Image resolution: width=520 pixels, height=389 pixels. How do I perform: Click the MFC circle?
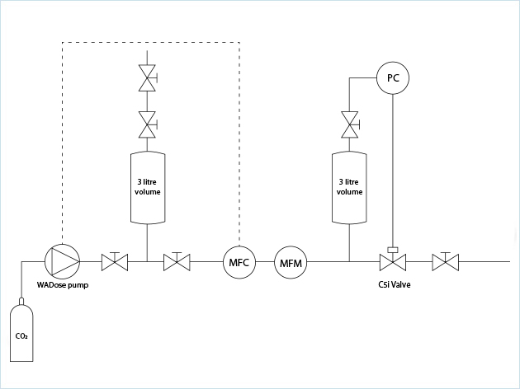pyautogui.click(x=238, y=263)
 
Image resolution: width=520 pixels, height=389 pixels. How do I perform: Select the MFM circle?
pyautogui.click(x=289, y=263)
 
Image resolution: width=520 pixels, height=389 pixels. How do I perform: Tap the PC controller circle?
pyautogui.click(x=392, y=78)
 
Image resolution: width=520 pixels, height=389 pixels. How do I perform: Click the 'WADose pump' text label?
pyautogui.click(x=63, y=285)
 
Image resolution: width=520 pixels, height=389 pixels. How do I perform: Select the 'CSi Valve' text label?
pyautogui.click(x=394, y=285)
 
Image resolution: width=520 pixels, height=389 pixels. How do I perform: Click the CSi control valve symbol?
pyautogui.click(x=392, y=263)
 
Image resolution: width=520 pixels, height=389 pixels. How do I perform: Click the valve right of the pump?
pyautogui.click(x=115, y=263)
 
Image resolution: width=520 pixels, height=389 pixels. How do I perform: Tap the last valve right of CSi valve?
pyautogui.click(x=446, y=263)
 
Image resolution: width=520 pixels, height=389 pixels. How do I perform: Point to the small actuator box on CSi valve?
pyautogui.click(x=392, y=249)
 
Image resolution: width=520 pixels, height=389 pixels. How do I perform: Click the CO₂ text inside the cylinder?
pyautogui.click(x=21, y=336)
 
